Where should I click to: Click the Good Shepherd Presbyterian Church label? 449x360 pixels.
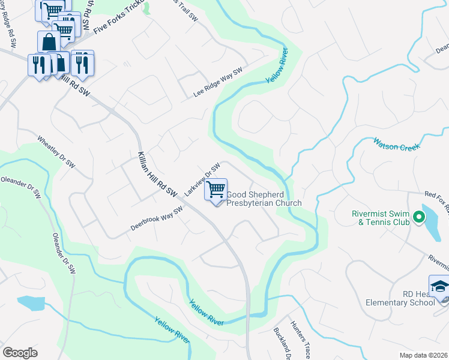tap(264, 199)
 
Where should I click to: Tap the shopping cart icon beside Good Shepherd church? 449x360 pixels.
tap(215, 190)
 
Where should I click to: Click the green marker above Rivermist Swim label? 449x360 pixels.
tap(356, 214)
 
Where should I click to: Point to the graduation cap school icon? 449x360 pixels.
tap(439, 286)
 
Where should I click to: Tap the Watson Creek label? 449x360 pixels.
tap(397, 144)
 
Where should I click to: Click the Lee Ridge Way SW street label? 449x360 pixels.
tap(218, 83)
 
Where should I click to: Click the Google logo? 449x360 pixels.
tap(20, 353)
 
